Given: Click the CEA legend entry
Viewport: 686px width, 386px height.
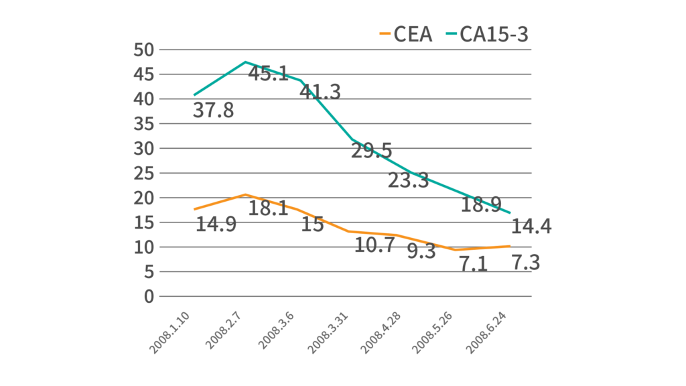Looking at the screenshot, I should (406, 34).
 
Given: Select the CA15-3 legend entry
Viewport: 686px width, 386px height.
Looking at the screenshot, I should (487, 34).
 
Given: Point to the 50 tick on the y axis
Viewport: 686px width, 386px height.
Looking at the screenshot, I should (143, 50).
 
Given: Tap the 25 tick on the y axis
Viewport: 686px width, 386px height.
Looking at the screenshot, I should (143, 173).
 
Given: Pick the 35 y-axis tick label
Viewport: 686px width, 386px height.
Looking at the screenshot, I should (143, 124).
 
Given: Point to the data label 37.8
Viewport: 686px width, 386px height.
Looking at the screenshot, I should (213, 110).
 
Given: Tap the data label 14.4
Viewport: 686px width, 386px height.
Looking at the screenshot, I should (531, 227).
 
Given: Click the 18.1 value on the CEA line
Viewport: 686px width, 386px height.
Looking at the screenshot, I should (268, 208).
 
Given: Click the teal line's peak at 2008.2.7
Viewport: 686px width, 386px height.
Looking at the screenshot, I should (246, 62).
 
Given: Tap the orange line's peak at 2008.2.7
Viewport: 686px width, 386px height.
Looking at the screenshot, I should (246, 194).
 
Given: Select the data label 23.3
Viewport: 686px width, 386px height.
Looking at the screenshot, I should (408, 180).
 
